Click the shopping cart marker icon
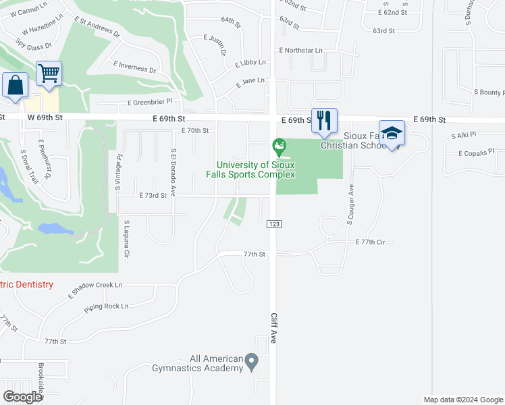pos(49,73)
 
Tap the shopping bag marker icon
pos(16,86)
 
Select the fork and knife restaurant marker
pos(324,120)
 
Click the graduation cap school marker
pos(392,133)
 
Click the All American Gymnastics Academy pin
pos(251,362)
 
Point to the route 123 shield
pos(274,223)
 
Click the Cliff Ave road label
pos(274,328)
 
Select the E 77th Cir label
pos(374,241)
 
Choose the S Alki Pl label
pos(464,136)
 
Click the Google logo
pos(23,397)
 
